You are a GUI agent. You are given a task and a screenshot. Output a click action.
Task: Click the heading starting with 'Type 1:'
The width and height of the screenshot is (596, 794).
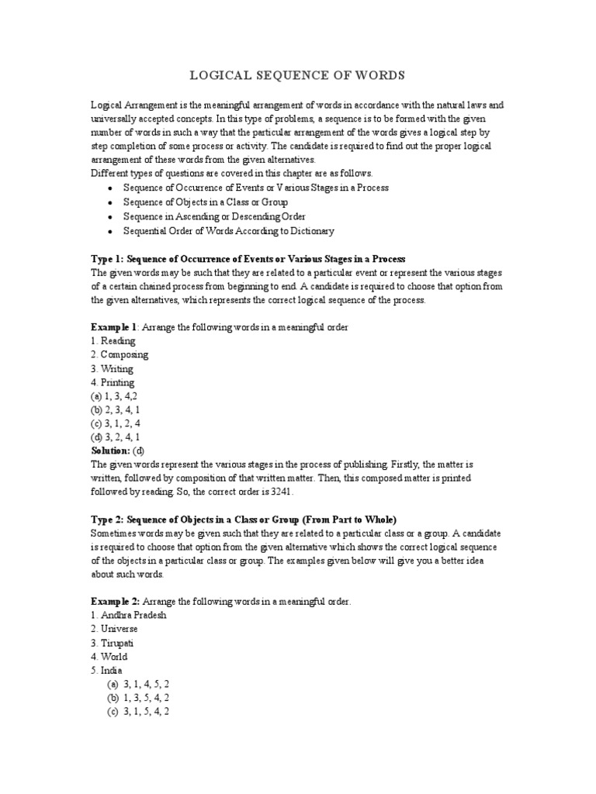pyautogui.click(x=248, y=258)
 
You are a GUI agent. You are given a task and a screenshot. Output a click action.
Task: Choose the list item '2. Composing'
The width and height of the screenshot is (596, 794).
pyautogui.click(x=120, y=354)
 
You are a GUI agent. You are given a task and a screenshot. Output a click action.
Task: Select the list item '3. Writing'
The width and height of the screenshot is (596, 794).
pyautogui.click(x=112, y=368)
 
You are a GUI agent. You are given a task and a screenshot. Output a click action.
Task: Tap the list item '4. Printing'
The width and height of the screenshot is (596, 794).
pyautogui.click(x=113, y=382)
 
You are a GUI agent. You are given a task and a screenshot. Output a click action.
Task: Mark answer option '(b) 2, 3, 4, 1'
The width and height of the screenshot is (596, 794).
pyautogui.click(x=116, y=409)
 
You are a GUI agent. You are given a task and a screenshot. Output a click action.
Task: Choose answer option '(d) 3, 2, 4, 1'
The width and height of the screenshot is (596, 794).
pyautogui.click(x=116, y=437)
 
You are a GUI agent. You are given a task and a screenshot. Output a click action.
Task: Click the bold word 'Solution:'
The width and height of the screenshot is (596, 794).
pyautogui.click(x=110, y=451)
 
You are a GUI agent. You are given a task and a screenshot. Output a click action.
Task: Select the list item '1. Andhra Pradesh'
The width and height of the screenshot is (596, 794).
pyautogui.click(x=129, y=615)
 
